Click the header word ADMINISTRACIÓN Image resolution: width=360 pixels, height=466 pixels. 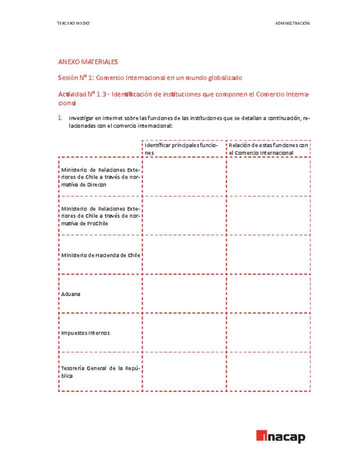pyautogui.click(x=292, y=23)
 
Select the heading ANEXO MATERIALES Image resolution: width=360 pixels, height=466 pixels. pyautogui.click(x=88, y=62)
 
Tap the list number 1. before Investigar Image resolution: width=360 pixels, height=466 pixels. pyautogui.click(x=59, y=118)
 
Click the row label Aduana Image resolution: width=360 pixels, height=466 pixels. pyautogui.click(x=70, y=294)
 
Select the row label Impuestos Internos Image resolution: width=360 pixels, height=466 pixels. pyautogui.click(x=85, y=332)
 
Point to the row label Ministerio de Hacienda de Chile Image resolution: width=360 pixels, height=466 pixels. pyautogui.click(x=100, y=255)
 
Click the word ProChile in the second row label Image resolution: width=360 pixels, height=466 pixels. pyautogui.click(x=97, y=223)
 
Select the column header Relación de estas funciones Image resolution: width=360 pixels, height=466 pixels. pyautogui.click(x=268, y=148)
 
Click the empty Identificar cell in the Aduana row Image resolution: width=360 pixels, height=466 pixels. pyautogui.click(x=184, y=294)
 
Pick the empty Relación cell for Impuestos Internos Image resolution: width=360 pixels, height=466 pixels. pyautogui.click(x=268, y=332)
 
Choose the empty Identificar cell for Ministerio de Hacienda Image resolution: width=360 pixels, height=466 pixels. pyautogui.click(x=184, y=255)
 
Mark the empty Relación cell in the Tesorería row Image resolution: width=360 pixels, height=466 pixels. pyautogui.click(x=268, y=371)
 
